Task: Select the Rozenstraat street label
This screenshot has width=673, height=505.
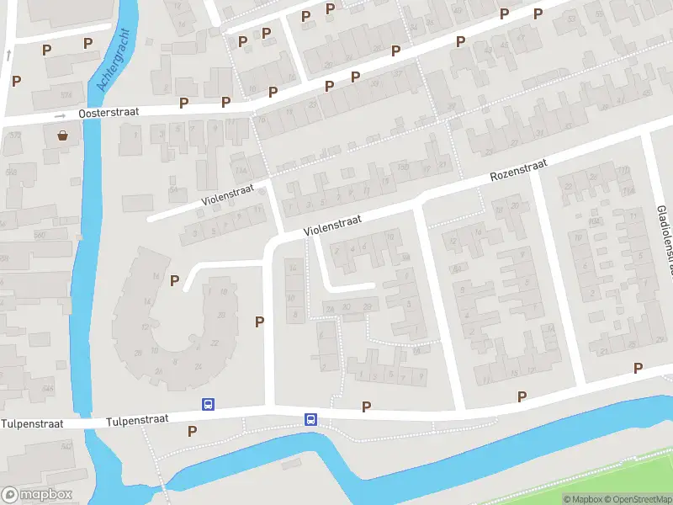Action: [x=518, y=172]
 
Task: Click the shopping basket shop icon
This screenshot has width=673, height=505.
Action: [x=63, y=136]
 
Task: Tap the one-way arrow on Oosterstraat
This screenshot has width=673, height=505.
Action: [x=60, y=115]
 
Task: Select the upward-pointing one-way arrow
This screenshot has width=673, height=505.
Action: [x=8, y=54]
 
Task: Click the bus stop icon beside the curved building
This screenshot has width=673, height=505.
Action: [x=207, y=405]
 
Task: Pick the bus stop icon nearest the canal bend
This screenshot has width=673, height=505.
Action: [x=310, y=419]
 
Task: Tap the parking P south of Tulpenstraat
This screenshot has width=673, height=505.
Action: [x=192, y=431]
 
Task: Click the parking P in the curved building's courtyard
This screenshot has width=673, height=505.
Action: [x=174, y=280]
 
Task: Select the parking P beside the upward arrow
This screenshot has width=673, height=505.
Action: [x=16, y=81]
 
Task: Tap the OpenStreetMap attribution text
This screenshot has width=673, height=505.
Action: [x=640, y=499]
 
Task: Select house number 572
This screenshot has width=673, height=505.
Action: [x=13, y=136]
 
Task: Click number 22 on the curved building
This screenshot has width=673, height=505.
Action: [x=215, y=343]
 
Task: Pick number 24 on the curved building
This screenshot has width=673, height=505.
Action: [x=199, y=364]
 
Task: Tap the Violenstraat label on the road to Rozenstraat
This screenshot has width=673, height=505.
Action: [x=332, y=223]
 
